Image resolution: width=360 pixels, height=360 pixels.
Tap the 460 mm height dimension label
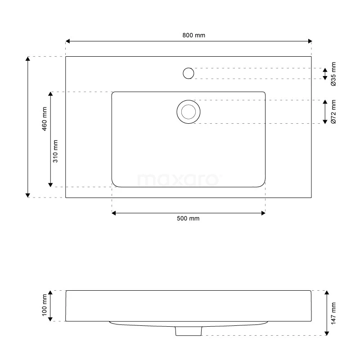(x=45, y=119)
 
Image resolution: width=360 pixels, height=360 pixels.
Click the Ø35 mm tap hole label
(x=333, y=74)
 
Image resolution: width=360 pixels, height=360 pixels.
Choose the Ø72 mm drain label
(x=333, y=112)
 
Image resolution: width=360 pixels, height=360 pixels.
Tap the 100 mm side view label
(x=45, y=306)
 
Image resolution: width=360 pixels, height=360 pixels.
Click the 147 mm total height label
(x=333, y=313)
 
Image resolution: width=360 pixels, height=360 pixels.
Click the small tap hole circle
(x=189, y=73)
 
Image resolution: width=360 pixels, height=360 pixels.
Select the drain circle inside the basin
(x=188, y=112)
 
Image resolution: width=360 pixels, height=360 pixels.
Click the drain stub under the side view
(x=188, y=331)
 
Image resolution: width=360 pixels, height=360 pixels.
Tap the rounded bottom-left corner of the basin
(x=116, y=183)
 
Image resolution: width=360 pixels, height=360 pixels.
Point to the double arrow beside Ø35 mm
(x=325, y=74)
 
